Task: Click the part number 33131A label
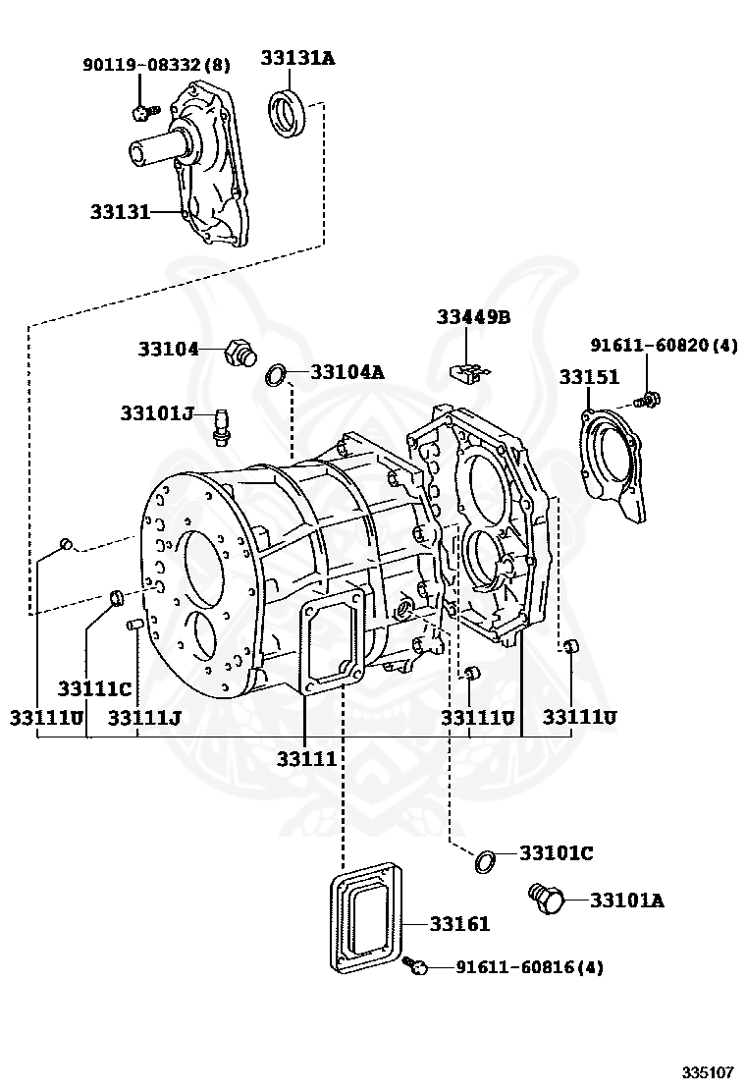pos(297,58)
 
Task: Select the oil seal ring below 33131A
pos(286,113)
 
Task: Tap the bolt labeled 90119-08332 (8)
pos(145,111)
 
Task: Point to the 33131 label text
pos(120,211)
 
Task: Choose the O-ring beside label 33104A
pos(276,374)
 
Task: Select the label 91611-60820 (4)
pos(664,345)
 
